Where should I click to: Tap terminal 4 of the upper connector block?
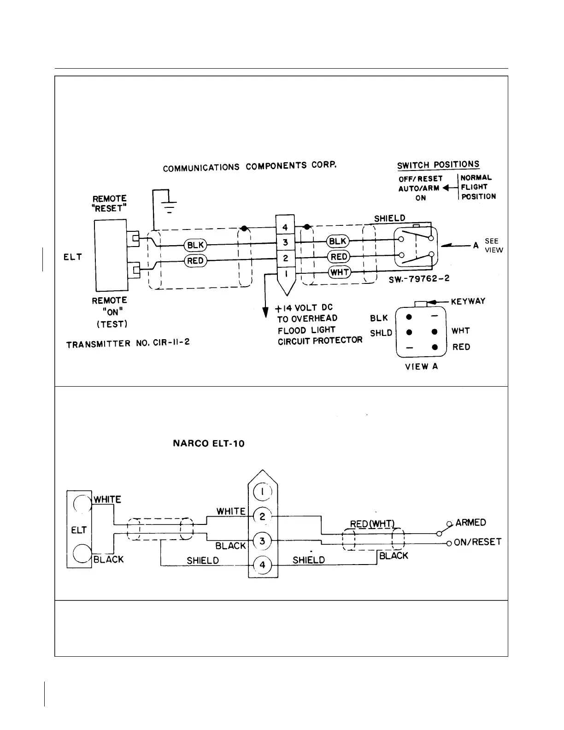pyautogui.click(x=285, y=227)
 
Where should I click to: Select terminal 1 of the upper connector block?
pyautogui.click(x=286, y=274)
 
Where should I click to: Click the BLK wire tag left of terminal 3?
pyautogui.click(x=196, y=245)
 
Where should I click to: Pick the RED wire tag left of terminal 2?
pyautogui.click(x=195, y=261)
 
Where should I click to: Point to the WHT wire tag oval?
pyautogui.click(x=340, y=272)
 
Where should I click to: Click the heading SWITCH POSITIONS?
pyautogui.click(x=438, y=165)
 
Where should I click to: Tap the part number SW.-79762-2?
pyautogui.click(x=419, y=279)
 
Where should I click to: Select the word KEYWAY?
pyautogui.click(x=468, y=301)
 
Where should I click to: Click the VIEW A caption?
pyautogui.click(x=421, y=367)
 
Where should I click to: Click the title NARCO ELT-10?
pyautogui.click(x=209, y=444)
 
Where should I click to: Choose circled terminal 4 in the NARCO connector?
pyautogui.click(x=263, y=565)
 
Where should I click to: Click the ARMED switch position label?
pyautogui.click(x=470, y=523)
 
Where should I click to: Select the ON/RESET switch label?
pyautogui.click(x=477, y=542)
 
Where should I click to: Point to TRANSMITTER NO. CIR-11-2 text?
pyautogui.click(x=128, y=344)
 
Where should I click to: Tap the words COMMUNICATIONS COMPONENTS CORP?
pyautogui.click(x=250, y=166)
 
